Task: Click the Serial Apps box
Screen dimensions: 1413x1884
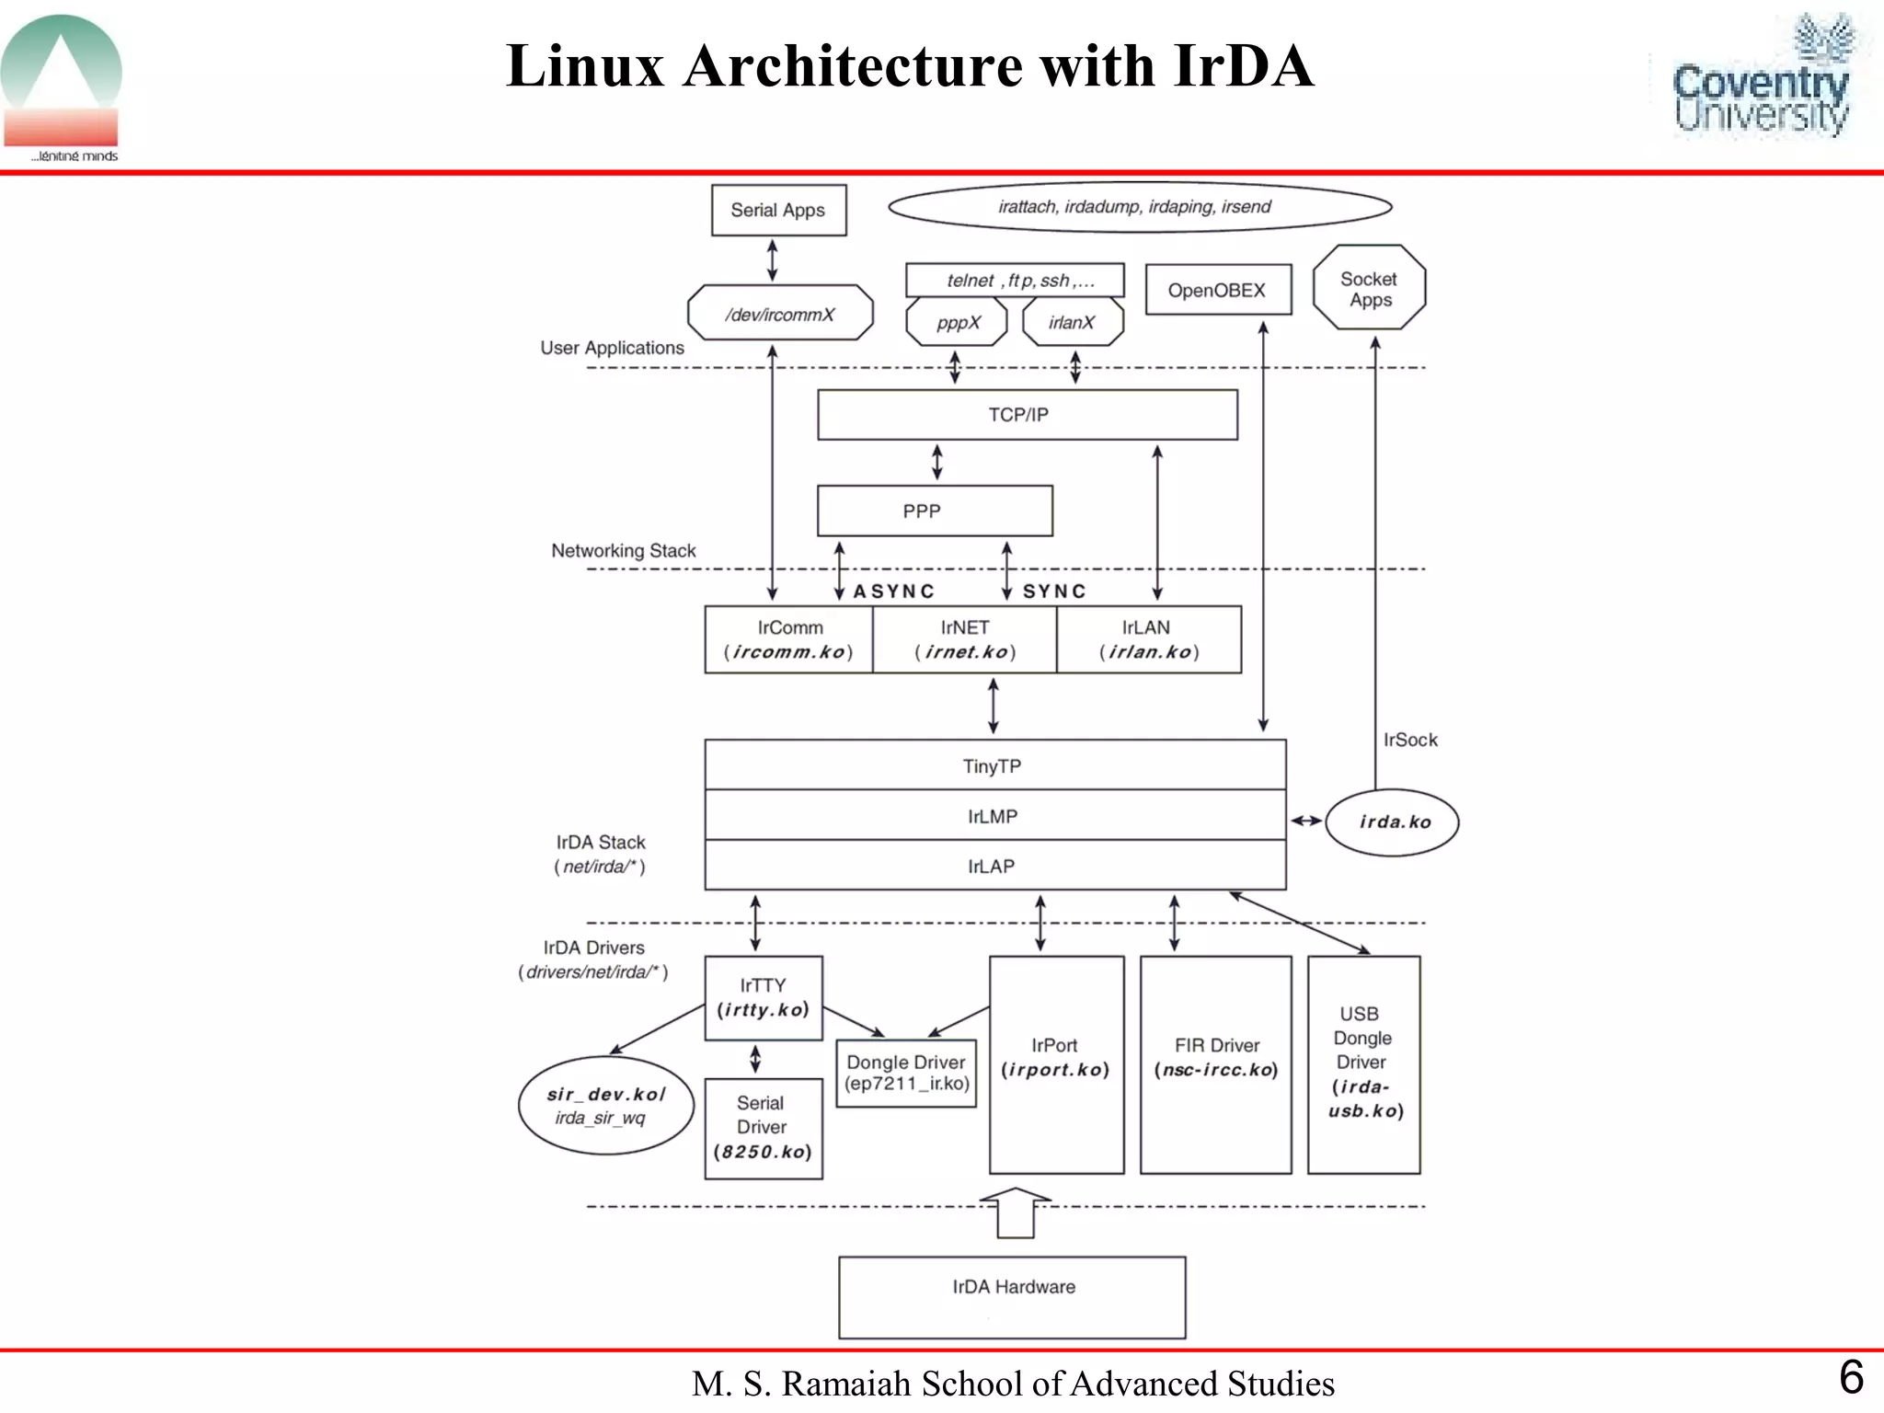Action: tap(778, 211)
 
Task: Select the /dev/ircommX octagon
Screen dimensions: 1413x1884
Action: tap(780, 314)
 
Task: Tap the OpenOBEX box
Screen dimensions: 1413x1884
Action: tap(1217, 290)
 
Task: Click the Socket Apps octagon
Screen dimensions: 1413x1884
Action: tap(1369, 288)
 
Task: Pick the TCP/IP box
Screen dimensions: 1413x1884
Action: tap(1027, 415)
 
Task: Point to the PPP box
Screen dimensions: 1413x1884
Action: tap(934, 511)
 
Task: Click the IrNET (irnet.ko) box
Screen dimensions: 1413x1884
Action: tap(964, 639)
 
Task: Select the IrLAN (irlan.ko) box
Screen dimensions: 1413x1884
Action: tap(1148, 639)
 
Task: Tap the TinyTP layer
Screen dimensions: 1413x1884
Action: tap(994, 765)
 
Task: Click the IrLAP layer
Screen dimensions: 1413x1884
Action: tap(994, 866)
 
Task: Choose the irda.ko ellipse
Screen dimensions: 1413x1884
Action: tap(1392, 822)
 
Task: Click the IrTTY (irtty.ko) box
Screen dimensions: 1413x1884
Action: tap(764, 998)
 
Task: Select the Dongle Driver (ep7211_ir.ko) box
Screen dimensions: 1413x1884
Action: tap(906, 1074)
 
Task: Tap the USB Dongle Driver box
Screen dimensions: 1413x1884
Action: tap(1363, 1064)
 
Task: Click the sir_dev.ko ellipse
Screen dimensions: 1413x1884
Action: tap(605, 1105)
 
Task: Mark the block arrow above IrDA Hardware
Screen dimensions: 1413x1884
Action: tap(1016, 1212)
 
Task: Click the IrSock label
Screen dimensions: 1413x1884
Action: tap(1409, 740)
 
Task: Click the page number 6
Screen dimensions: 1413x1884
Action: tap(1851, 1377)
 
